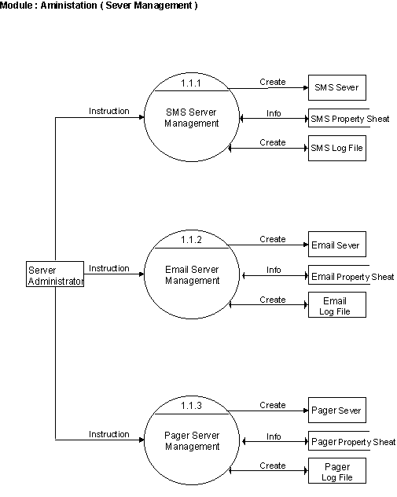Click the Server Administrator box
(x=55, y=274)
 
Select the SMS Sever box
(x=337, y=88)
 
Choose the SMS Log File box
(x=337, y=149)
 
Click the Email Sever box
(x=337, y=244)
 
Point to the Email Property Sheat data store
(x=351, y=275)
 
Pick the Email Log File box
(x=337, y=305)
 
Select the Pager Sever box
(x=337, y=410)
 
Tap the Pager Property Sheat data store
(x=352, y=441)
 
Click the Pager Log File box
(x=337, y=471)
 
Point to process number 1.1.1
(x=191, y=83)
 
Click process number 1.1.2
(x=191, y=240)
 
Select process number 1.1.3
(x=191, y=406)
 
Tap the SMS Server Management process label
(x=191, y=118)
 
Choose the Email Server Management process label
(x=192, y=274)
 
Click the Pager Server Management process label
(x=192, y=441)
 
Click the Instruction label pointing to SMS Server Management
(x=109, y=111)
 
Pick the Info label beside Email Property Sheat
(x=274, y=270)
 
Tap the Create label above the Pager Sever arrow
(x=273, y=405)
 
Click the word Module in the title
(x=17, y=6)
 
